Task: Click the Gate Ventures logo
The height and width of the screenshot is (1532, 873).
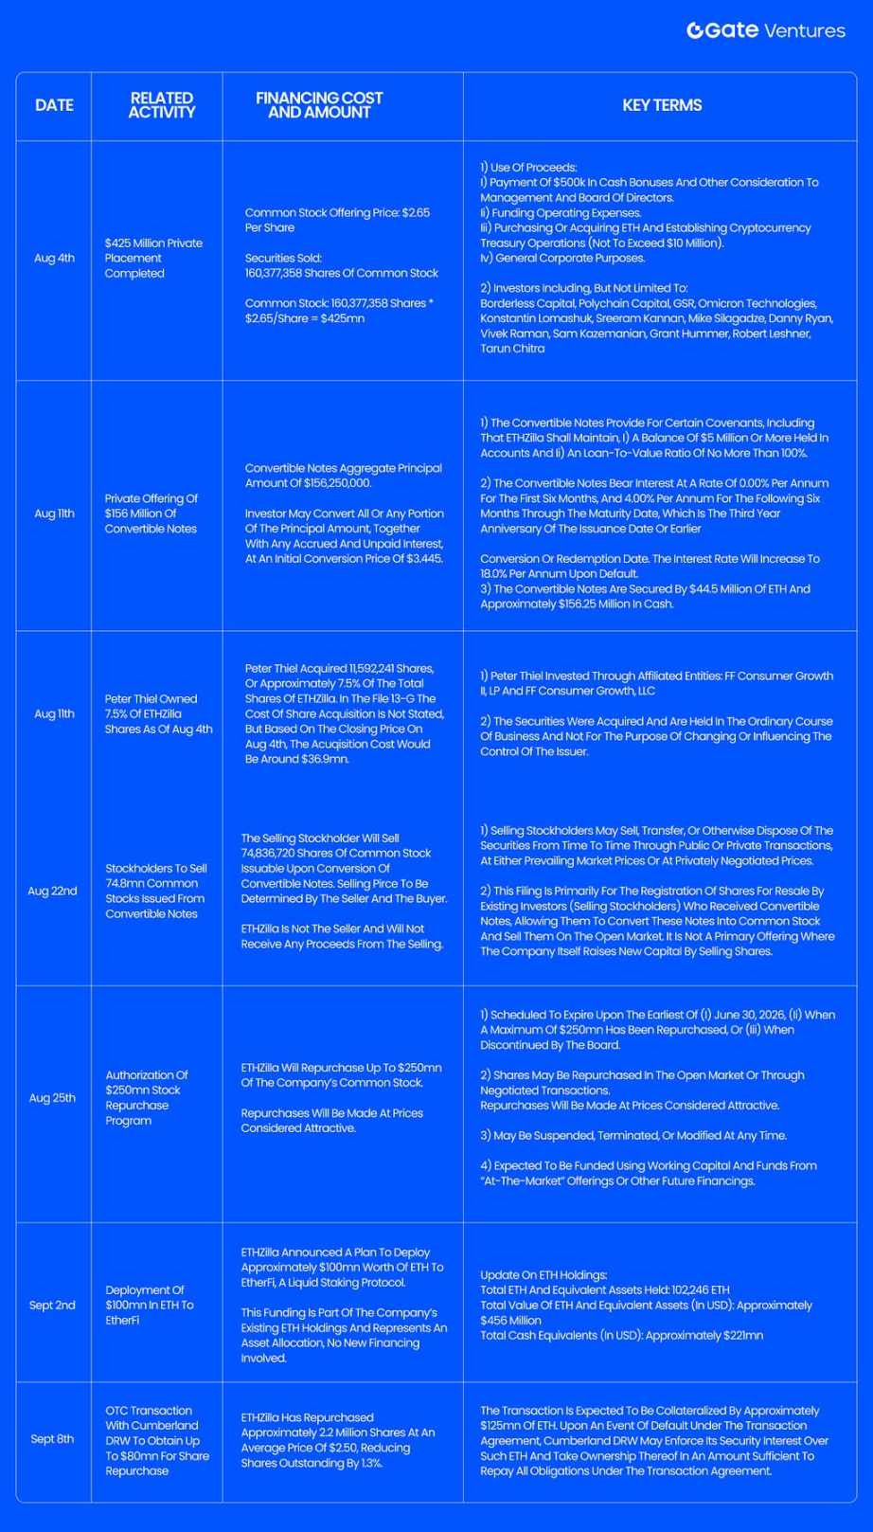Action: (765, 30)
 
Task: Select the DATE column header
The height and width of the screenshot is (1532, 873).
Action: (54, 105)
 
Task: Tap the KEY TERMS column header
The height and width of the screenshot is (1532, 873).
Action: (662, 105)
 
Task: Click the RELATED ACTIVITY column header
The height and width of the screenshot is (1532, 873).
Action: (161, 105)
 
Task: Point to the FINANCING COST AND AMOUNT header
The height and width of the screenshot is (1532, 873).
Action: (319, 105)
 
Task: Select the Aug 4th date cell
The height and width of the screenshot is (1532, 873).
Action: (54, 258)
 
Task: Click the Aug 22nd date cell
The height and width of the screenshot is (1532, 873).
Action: (52, 891)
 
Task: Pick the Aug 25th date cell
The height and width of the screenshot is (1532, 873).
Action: (52, 1098)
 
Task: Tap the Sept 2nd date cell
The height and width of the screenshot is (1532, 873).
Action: (52, 1305)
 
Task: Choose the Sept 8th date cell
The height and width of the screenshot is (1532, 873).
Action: (52, 1439)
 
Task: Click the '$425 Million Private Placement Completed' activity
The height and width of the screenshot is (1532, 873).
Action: (153, 258)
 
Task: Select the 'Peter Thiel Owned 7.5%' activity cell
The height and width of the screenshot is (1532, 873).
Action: (158, 713)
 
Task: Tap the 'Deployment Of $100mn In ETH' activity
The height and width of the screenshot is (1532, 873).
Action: (150, 1305)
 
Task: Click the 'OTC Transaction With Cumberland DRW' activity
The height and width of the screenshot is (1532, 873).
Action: (156, 1440)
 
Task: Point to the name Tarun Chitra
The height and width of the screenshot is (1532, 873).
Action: (512, 349)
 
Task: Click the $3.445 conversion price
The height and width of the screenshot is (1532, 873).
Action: (421, 559)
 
